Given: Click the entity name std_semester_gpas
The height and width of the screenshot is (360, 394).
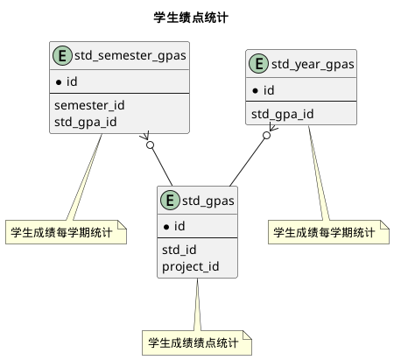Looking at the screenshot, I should click(130, 58).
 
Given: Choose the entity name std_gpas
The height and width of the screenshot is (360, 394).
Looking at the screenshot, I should click(208, 202).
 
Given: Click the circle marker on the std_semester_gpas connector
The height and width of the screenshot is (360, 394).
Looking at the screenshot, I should click(151, 144).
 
